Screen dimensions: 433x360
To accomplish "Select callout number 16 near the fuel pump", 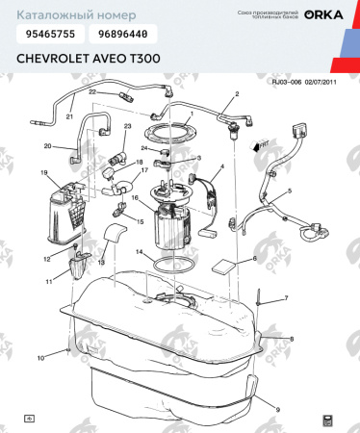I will (135, 199).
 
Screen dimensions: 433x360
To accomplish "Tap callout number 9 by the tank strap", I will (277, 410).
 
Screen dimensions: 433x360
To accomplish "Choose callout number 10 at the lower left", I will (40, 358).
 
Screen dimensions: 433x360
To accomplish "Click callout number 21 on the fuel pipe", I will (69, 116).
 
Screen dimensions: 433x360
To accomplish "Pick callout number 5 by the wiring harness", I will (286, 192).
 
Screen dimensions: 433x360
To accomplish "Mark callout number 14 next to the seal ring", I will (139, 253).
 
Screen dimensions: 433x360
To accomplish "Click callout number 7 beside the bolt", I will (285, 299).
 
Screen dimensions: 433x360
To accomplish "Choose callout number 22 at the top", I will (93, 91).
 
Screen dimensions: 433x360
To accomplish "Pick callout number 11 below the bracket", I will (49, 281).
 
